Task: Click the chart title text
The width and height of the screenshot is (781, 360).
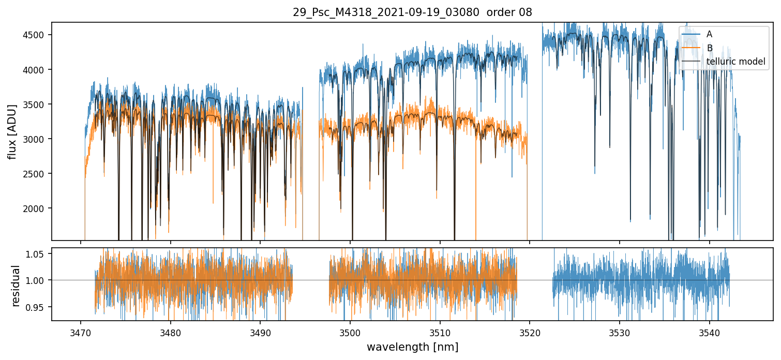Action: (412, 12)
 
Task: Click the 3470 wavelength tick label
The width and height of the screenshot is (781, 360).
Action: (80, 332)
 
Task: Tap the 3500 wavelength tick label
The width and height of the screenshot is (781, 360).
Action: (350, 332)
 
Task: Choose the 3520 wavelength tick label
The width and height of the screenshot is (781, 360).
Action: (530, 332)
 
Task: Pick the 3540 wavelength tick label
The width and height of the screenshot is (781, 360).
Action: (709, 332)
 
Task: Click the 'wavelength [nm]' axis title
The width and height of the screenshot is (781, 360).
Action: (412, 347)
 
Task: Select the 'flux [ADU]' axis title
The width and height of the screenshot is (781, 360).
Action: (12, 131)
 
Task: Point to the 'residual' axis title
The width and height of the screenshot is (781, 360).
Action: (16, 286)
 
